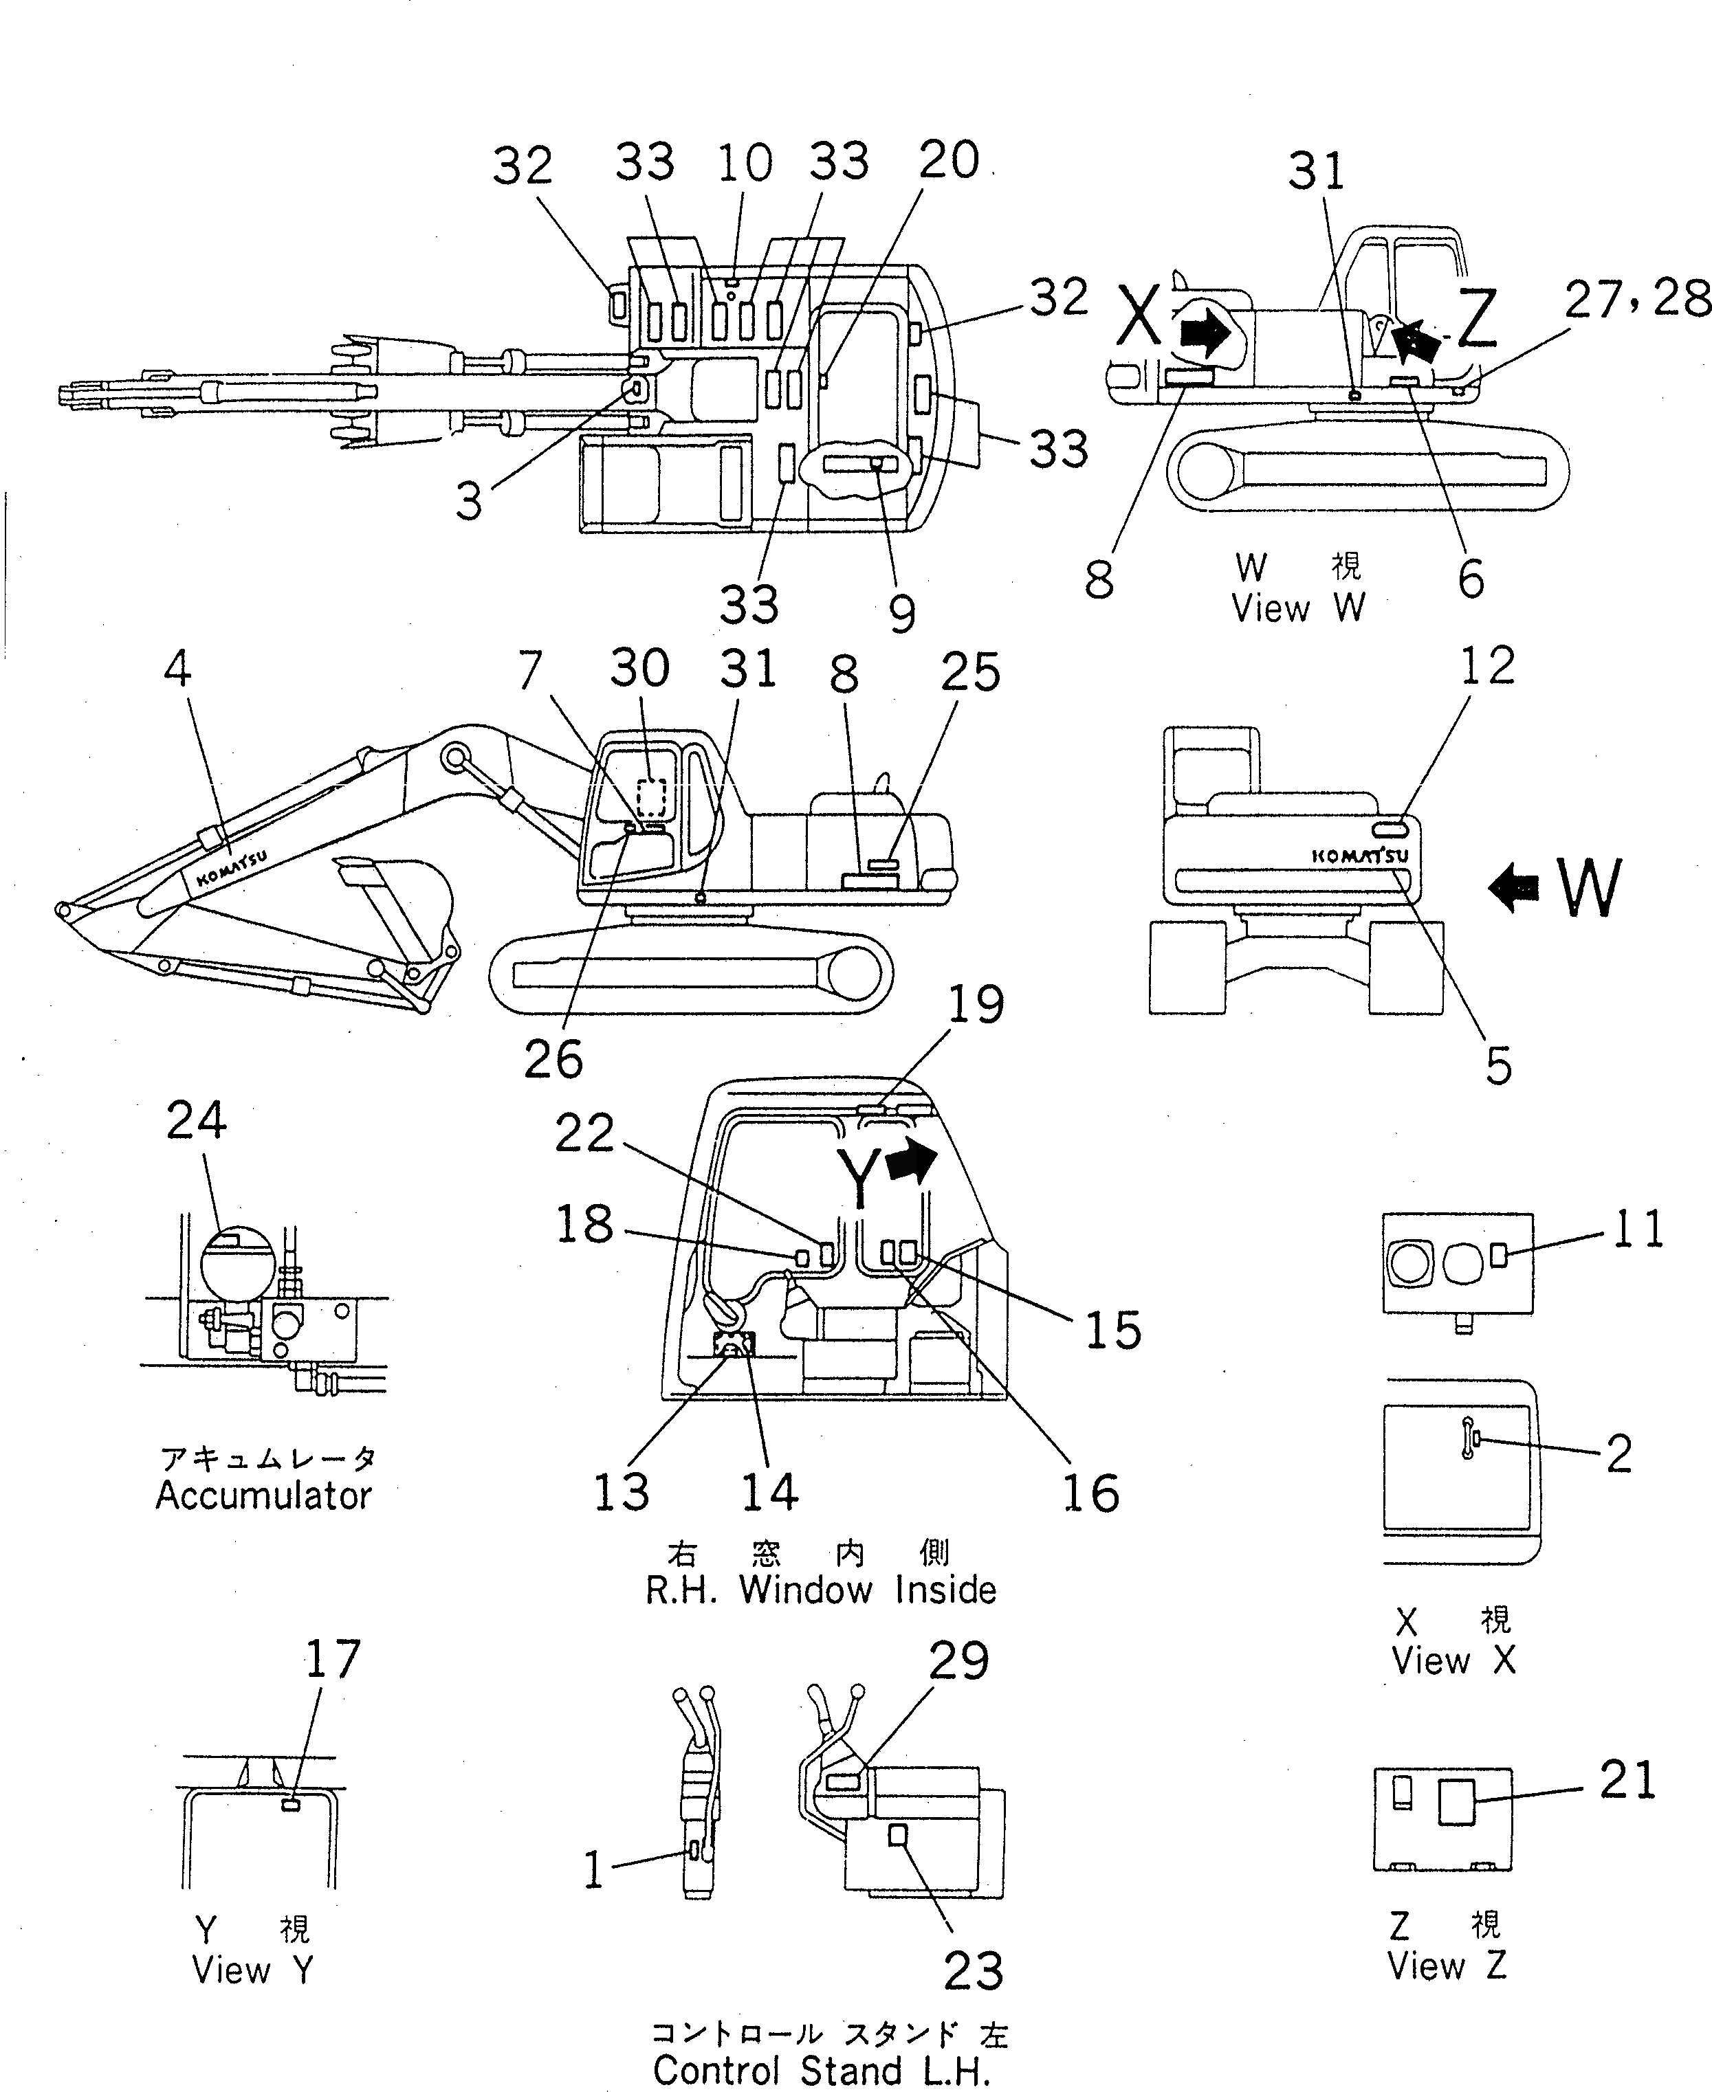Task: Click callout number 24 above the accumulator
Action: pos(196,1121)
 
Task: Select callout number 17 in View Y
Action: pos(332,1659)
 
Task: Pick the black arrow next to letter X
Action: pos(1204,334)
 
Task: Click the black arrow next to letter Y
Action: pos(911,1161)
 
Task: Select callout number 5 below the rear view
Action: pos(1498,1065)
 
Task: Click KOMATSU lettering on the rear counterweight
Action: pos(1360,856)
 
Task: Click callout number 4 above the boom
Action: pos(177,669)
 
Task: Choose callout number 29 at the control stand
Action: pos(958,1661)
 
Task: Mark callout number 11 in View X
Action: pos(1637,1229)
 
